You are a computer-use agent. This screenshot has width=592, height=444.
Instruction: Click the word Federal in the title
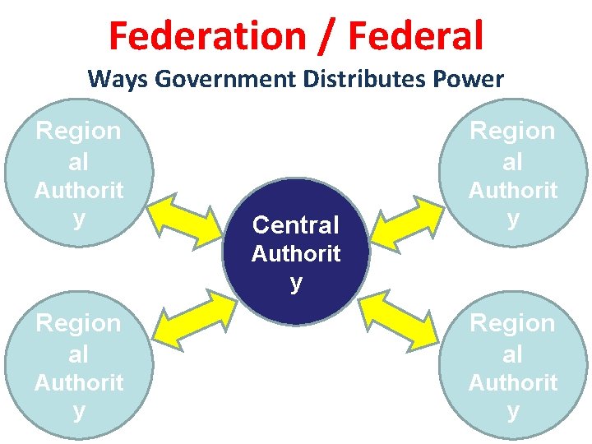(x=415, y=35)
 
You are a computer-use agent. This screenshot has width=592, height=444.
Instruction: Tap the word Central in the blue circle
(x=296, y=224)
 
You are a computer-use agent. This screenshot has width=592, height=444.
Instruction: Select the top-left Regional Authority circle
(x=78, y=177)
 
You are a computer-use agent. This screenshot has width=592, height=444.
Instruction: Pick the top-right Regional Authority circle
(x=512, y=177)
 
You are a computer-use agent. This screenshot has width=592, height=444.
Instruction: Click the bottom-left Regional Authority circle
(x=78, y=369)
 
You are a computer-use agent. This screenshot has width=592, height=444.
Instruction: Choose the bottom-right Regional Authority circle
(x=512, y=369)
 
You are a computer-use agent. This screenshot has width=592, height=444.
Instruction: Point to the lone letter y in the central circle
(x=296, y=284)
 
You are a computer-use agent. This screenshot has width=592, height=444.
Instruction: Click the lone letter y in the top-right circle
(x=513, y=220)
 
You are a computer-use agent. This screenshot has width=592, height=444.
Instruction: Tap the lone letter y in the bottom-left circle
(x=79, y=411)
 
